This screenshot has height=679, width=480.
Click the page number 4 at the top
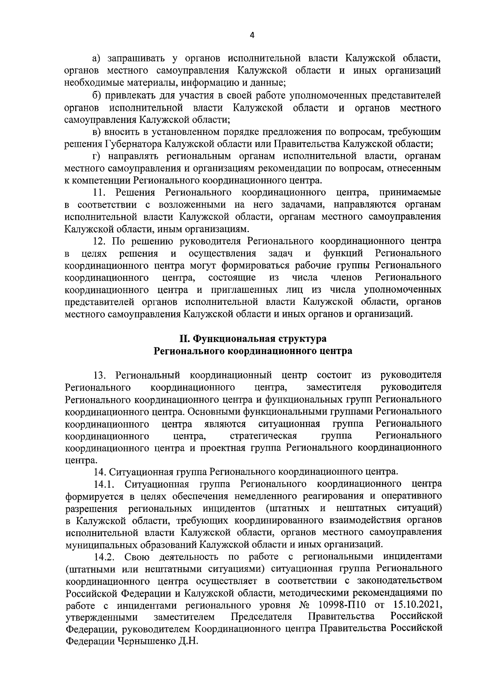pos(252,35)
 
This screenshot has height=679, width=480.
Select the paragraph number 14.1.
pos(104,485)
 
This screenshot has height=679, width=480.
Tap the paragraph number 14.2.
pos(104,557)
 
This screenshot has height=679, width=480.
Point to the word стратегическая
pos(263,435)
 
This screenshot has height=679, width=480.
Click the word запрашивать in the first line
pos(135,59)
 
